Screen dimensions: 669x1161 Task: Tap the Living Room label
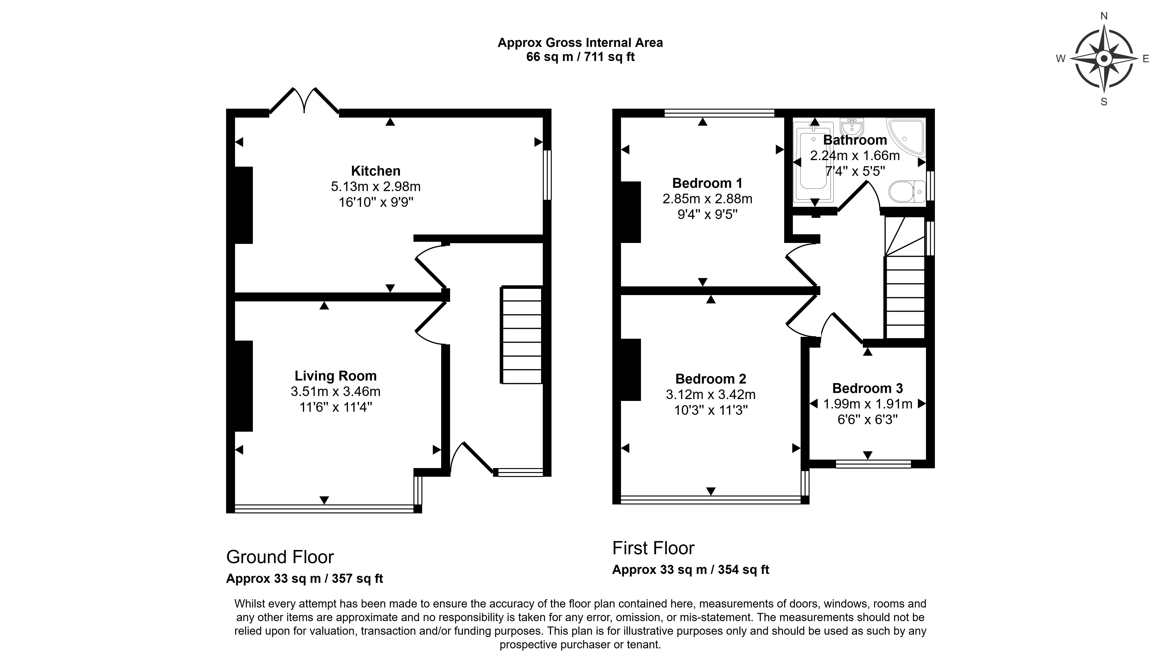(336, 376)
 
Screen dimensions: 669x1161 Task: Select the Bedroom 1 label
(707, 183)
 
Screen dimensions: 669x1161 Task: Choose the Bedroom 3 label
(868, 388)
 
